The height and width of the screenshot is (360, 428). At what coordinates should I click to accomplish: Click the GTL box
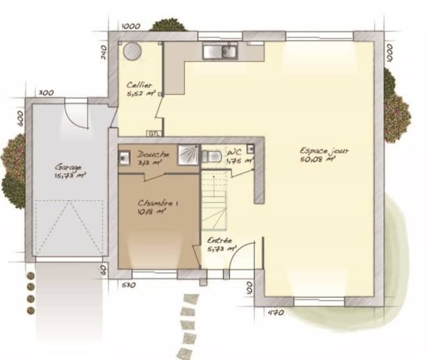[x=154, y=134]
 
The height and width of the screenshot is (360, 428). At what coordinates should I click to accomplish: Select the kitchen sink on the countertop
[x=220, y=51]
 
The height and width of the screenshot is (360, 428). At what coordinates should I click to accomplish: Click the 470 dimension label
[x=275, y=313]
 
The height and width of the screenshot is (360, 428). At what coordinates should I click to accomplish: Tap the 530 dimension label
[x=128, y=285]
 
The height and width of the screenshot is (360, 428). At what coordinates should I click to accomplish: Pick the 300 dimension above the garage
[x=45, y=93]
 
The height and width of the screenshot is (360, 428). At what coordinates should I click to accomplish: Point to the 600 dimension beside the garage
[x=20, y=118]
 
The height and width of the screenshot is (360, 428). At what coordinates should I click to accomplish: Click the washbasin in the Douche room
[x=124, y=157]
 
